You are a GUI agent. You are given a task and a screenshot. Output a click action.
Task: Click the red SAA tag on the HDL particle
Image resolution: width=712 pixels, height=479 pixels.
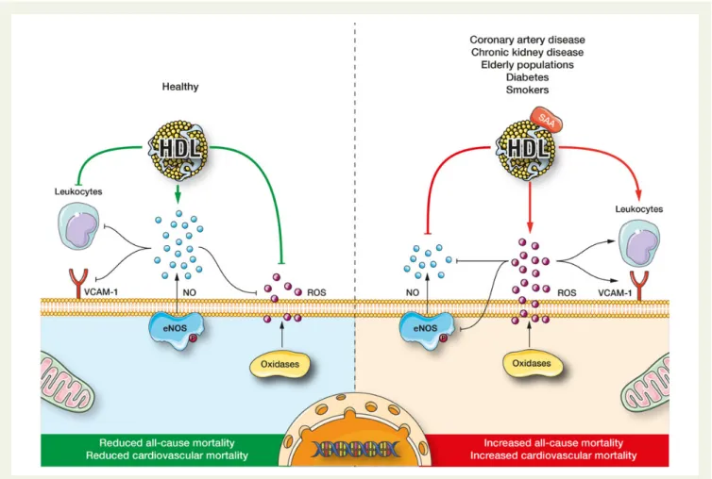click(x=546, y=120)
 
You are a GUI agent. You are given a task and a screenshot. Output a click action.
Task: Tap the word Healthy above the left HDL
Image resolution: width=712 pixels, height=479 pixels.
click(x=180, y=87)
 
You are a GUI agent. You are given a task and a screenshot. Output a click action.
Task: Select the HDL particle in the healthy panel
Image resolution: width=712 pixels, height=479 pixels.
click(x=178, y=147)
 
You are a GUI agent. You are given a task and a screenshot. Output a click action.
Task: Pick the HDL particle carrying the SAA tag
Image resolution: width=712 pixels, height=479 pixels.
click(x=527, y=148)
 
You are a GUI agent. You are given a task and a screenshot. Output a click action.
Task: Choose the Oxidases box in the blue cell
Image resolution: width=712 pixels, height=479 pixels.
click(x=280, y=364)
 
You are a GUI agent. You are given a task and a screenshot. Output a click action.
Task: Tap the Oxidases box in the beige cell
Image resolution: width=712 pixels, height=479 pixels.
click(x=532, y=364)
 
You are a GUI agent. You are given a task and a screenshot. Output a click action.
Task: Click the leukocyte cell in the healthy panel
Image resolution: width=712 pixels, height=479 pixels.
click(x=78, y=226)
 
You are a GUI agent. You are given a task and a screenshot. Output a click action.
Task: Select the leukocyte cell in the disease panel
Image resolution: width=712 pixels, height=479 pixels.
click(x=639, y=243)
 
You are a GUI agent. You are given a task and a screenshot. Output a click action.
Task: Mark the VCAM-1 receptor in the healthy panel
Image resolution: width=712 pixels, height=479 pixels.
click(x=78, y=284)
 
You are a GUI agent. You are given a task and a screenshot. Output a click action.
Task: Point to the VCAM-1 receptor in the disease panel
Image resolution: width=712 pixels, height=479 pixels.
click(x=639, y=286)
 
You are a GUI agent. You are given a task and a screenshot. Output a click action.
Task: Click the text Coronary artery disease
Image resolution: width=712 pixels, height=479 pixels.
click(x=527, y=40)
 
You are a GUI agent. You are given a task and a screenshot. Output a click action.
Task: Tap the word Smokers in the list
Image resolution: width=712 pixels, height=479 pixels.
click(x=527, y=90)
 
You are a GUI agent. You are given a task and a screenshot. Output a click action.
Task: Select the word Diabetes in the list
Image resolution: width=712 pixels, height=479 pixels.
click(x=527, y=77)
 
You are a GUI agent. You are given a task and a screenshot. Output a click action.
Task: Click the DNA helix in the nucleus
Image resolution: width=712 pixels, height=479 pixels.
click(x=356, y=449)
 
